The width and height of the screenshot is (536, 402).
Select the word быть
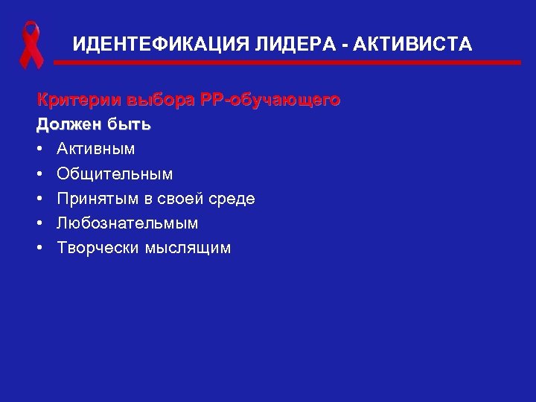(x=129, y=124)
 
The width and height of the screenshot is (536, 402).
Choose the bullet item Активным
(x=96, y=149)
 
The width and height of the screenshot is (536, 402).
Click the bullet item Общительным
(x=115, y=173)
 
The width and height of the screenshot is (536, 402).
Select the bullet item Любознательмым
(x=128, y=223)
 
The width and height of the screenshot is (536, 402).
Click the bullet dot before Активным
(x=42, y=149)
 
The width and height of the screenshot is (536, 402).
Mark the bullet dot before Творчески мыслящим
(x=42, y=247)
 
